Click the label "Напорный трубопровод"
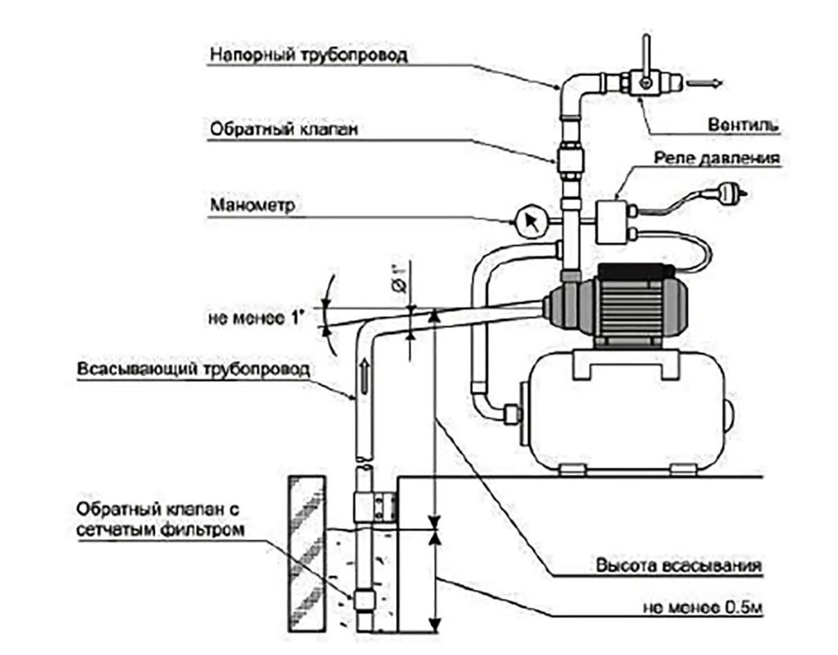[307, 54]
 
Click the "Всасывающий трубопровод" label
[192, 369]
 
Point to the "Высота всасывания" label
[677, 566]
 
